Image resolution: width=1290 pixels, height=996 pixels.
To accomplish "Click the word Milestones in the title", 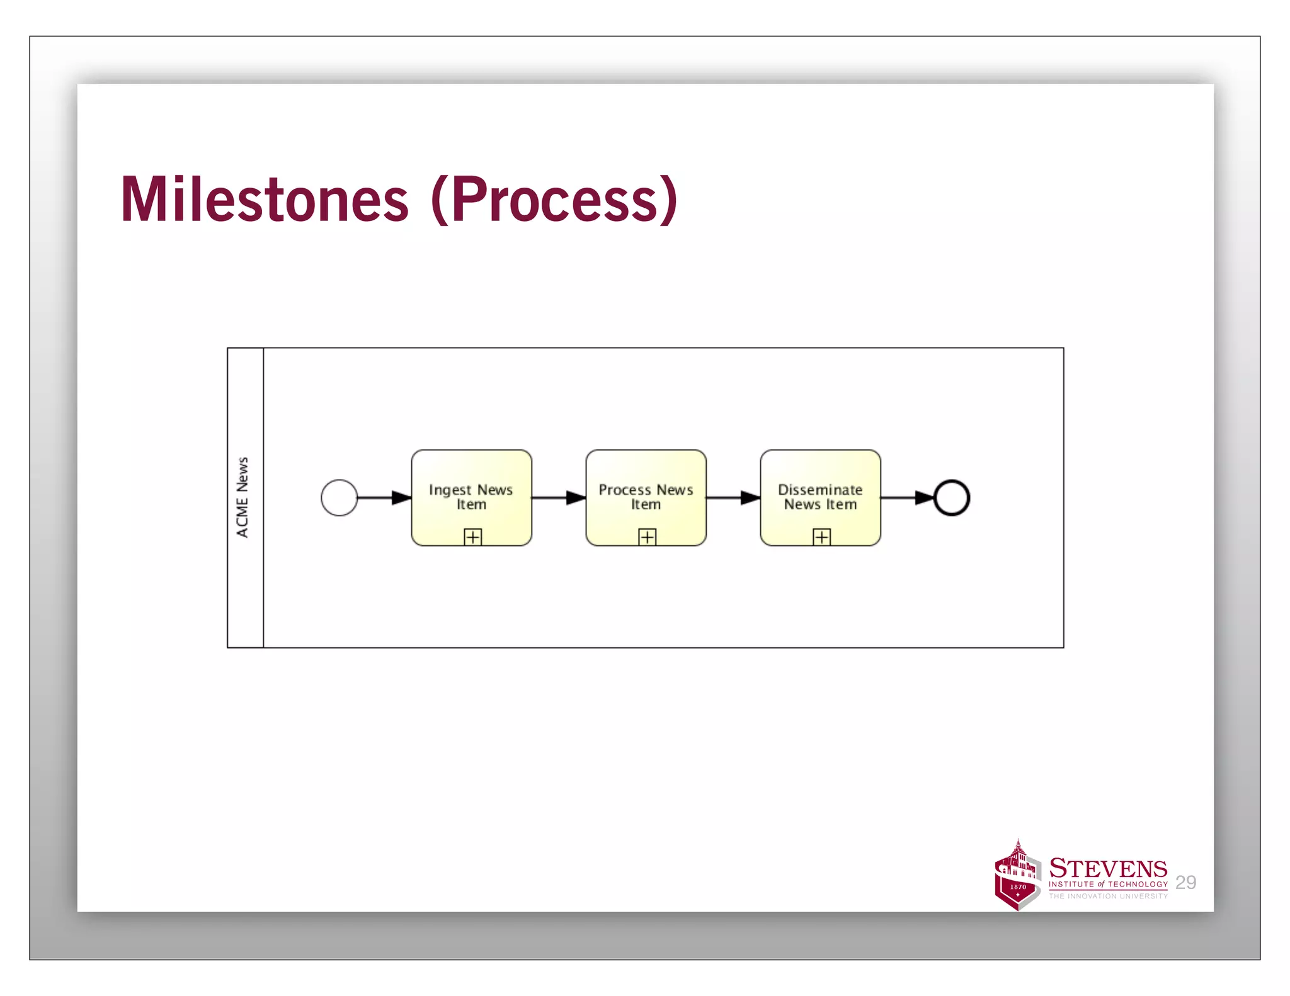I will (265, 200).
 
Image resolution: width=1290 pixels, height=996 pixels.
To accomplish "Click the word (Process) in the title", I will (554, 200).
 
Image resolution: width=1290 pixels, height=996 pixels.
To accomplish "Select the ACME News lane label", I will (243, 497).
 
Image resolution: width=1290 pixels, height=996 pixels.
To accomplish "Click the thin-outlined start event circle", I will (339, 497).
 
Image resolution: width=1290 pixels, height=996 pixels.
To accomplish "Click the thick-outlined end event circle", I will (951, 497).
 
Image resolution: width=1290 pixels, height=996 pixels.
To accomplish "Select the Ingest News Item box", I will (471, 497).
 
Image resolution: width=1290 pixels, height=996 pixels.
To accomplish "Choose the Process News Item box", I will (646, 497).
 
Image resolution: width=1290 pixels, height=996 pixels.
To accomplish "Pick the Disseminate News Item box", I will (820, 497).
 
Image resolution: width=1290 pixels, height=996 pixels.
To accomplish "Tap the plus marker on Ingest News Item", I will (472, 537).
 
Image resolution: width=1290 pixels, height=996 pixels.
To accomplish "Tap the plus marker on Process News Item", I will (647, 537).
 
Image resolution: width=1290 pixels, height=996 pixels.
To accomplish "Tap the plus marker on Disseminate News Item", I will (821, 537).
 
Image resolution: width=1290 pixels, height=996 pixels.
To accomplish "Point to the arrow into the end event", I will (907, 497).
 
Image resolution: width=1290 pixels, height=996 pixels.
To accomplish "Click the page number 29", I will (1185, 883).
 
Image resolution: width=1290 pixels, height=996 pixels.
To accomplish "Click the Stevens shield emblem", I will (1017, 877).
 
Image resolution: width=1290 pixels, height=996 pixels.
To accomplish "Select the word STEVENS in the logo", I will (1108, 869).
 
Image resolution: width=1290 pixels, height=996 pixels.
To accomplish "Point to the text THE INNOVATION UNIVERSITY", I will (1108, 896).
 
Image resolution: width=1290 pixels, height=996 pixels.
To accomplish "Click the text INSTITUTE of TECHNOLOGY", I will (1108, 884).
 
